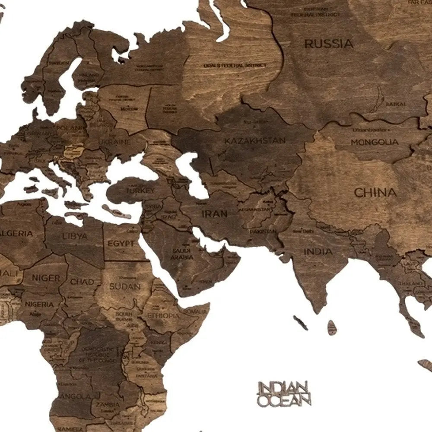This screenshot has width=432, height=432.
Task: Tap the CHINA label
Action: (x=375, y=193)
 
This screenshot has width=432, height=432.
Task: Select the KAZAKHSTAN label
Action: (x=255, y=140)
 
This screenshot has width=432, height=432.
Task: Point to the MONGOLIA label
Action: (x=374, y=142)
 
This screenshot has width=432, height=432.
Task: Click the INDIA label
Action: (x=318, y=251)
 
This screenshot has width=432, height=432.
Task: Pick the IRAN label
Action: (x=214, y=213)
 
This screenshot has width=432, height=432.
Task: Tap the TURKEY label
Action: (x=140, y=191)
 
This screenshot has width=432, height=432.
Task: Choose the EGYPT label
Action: (x=121, y=244)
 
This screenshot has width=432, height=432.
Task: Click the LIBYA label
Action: (x=75, y=236)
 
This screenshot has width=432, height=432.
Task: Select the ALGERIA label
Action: (x=16, y=233)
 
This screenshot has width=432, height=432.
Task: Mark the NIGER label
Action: (x=46, y=278)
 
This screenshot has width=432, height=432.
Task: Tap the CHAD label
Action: (x=82, y=282)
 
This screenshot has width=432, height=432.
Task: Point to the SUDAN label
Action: (x=124, y=286)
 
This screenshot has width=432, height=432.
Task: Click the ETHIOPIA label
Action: (x=163, y=316)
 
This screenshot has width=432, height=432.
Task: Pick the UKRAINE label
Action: (x=114, y=142)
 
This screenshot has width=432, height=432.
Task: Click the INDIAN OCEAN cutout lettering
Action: (x=283, y=394)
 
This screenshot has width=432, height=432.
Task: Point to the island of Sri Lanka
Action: (x=332, y=327)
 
